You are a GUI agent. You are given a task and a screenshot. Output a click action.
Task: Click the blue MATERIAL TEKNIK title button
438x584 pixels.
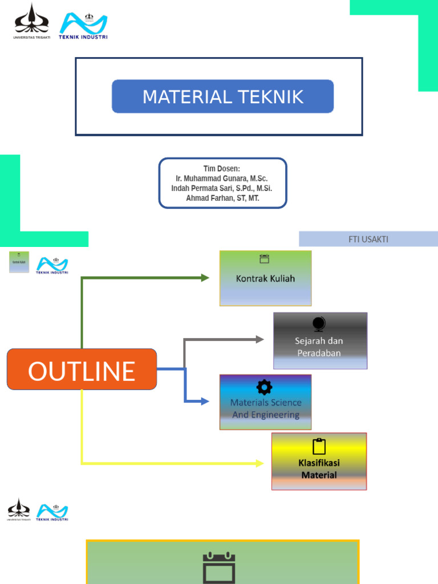point(222,96)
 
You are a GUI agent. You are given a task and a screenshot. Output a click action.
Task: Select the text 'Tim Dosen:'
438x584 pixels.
point(222,169)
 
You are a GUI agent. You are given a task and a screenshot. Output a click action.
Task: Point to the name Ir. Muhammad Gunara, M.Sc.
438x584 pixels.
point(222,179)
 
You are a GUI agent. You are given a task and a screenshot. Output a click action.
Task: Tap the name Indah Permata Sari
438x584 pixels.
point(205,188)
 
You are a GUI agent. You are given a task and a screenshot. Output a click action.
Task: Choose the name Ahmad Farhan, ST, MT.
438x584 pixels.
point(222,198)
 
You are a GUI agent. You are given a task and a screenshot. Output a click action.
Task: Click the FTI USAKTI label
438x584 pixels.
point(368,239)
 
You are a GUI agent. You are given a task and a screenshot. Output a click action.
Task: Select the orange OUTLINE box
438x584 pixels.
point(82,370)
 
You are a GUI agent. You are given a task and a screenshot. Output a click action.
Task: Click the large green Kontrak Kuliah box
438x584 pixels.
point(265,279)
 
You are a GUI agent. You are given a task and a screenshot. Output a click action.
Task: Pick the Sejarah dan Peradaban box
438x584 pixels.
point(320,341)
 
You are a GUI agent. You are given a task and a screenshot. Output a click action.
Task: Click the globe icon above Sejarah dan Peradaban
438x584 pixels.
point(319,324)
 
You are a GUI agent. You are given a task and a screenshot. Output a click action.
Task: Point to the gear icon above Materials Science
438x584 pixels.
point(264,387)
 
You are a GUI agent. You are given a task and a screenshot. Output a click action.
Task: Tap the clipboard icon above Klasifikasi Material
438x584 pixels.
point(319,447)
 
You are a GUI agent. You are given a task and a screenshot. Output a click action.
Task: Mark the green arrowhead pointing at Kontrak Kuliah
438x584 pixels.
point(205,278)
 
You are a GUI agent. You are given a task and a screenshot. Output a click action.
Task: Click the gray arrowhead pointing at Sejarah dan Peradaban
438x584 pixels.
point(259,339)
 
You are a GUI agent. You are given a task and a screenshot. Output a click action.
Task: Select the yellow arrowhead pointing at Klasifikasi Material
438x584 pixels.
point(259,463)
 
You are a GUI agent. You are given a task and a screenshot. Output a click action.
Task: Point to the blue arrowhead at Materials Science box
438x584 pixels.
point(205,401)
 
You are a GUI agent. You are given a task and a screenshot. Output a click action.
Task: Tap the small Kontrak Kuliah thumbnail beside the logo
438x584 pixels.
point(19,262)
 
